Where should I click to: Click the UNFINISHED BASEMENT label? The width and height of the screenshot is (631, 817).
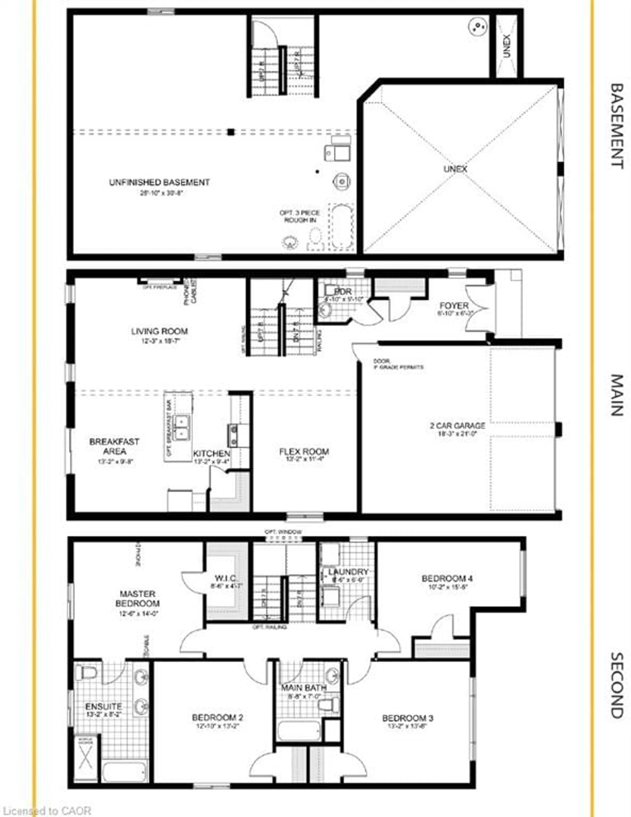pos(159,183)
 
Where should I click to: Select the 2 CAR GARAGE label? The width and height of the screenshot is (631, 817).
pos(457,426)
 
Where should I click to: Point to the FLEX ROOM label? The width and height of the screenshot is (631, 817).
pos(304,451)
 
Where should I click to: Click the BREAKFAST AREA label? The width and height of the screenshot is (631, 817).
pos(114,446)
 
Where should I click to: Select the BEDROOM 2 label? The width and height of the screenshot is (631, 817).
pos(217,717)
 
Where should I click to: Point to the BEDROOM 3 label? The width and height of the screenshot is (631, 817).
pos(408,718)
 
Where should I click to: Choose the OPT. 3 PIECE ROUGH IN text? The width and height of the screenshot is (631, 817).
pos(300,216)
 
